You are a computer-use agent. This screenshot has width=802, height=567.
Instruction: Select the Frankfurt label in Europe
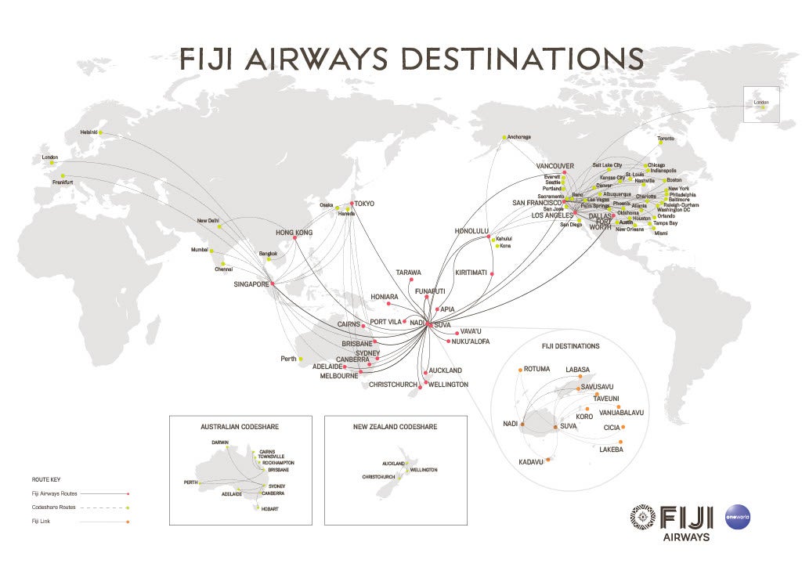click(63, 182)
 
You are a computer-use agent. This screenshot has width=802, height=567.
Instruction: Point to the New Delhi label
click(208, 220)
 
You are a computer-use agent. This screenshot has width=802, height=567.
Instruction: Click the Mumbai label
click(200, 250)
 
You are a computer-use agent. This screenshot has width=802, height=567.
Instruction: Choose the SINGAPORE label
click(251, 284)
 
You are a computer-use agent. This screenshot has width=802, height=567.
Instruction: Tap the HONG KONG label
click(294, 233)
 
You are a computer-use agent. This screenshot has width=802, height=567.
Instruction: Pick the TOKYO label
click(364, 204)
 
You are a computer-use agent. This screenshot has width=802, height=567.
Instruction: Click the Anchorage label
click(518, 137)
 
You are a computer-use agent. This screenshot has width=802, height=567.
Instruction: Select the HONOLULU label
click(471, 231)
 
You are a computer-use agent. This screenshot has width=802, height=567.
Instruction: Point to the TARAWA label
click(408, 273)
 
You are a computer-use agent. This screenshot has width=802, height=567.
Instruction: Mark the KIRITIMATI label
click(471, 273)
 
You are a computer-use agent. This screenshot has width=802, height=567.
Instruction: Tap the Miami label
click(661, 233)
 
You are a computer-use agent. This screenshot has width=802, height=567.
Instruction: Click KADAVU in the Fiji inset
click(530, 462)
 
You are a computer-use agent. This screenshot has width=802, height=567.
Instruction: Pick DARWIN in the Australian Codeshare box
click(220, 442)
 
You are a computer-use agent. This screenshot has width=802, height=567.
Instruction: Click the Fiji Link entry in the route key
click(39, 520)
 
